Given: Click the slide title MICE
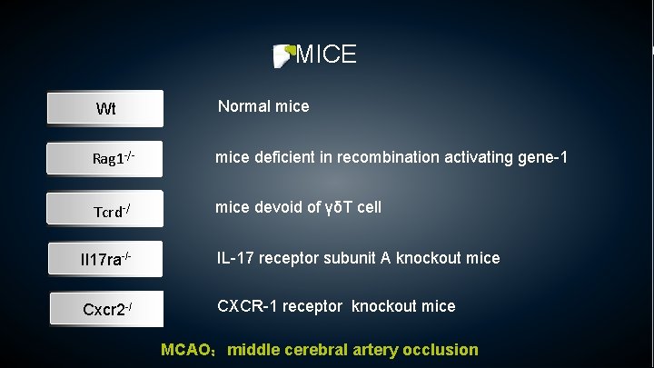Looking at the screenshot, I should [326, 55].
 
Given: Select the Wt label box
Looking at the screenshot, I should [106, 109].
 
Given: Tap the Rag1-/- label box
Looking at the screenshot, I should [106, 159].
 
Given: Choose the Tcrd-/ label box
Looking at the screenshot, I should [106, 210].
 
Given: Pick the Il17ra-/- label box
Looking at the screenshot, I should [106, 260].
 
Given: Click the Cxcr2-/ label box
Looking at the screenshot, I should [106, 309].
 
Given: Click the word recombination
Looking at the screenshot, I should [381, 157].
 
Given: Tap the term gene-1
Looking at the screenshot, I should [544, 157].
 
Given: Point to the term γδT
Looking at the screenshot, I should [339, 207].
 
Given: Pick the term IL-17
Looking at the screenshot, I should [238, 258].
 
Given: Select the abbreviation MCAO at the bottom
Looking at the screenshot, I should [187, 350].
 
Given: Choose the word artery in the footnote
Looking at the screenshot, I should [375, 350].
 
